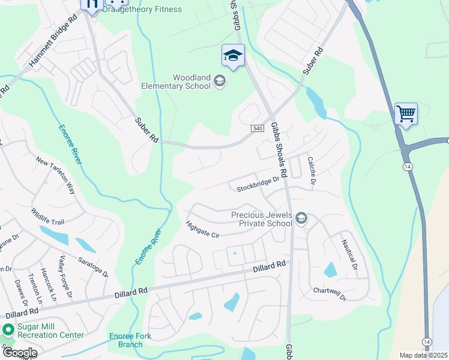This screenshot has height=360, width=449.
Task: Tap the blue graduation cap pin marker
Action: pyautogui.click(x=233, y=56)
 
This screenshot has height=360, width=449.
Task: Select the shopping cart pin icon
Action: pyautogui.click(x=406, y=112)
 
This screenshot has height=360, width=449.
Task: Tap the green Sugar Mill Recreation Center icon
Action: pyautogui.click(x=8, y=329)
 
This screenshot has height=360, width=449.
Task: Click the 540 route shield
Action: pyautogui.click(x=255, y=128)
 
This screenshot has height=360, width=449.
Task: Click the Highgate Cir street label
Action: pyautogui.click(x=203, y=230)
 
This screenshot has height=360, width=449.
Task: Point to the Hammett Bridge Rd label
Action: pyautogui.click(x=54, y=40)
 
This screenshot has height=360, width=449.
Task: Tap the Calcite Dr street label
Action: pyautogui.click(x=312, y=170)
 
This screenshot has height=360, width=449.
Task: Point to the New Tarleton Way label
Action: pyautogui.click(x=56, y=176)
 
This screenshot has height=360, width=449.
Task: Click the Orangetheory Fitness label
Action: pyautogui.click(x=142, y=9)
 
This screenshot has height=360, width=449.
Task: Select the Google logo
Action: pyautogui.click(x=19, y=353)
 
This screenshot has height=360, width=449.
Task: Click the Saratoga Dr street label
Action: pyautogui.click(x=92, y=267)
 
